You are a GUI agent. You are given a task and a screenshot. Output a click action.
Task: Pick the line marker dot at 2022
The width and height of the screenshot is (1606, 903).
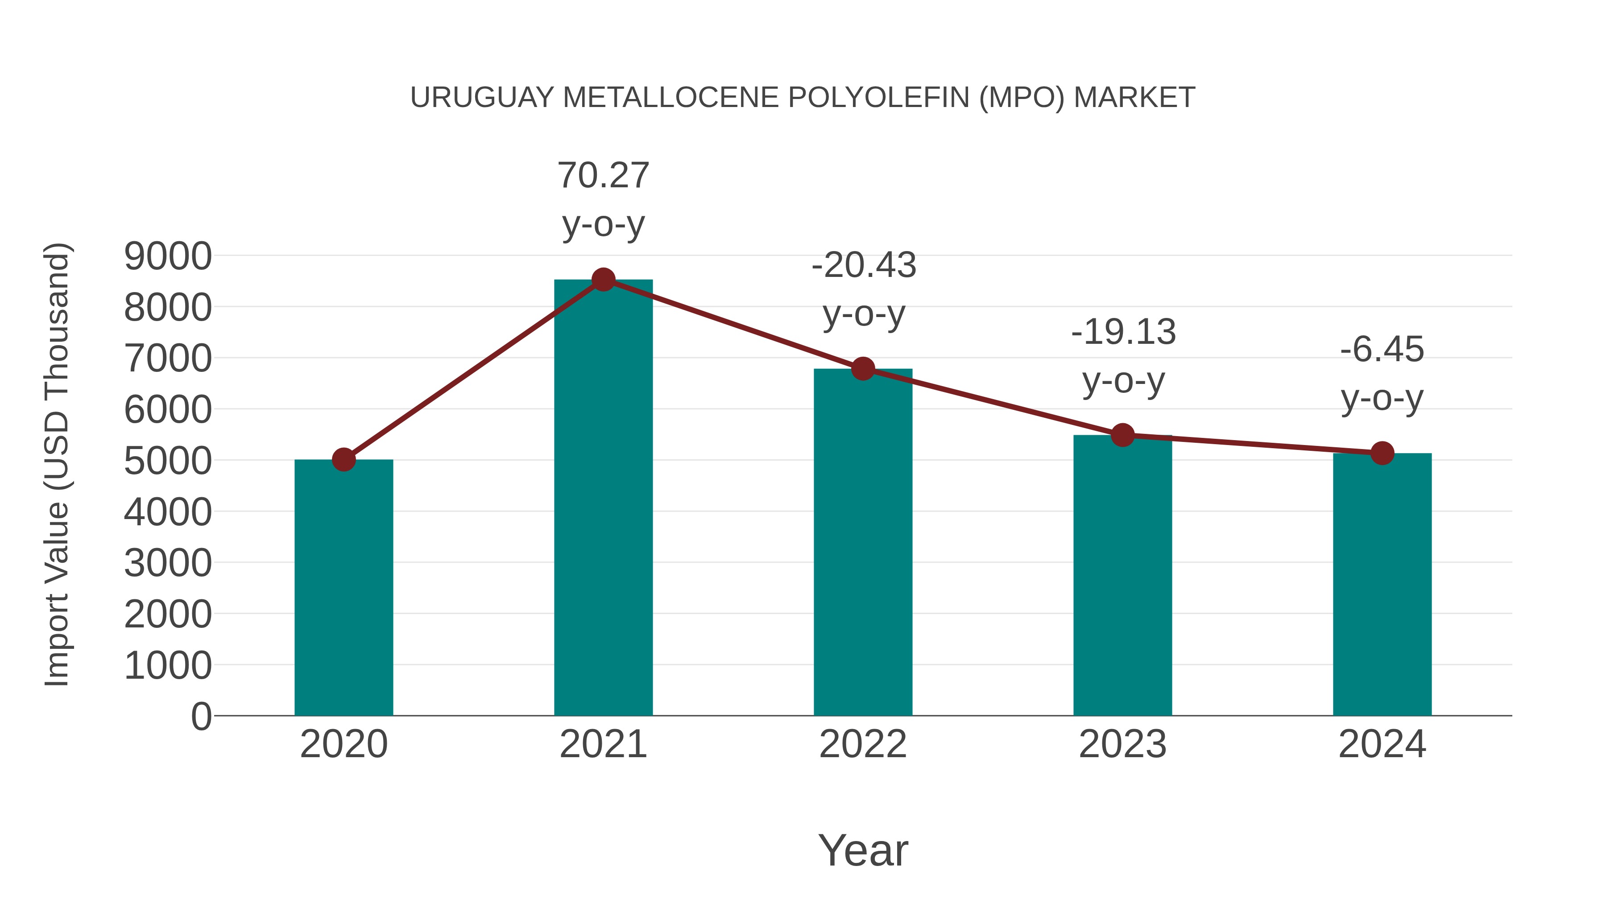pyautogui.click(x=863, y=369)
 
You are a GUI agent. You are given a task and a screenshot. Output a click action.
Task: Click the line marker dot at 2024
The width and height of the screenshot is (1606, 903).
pyautogui.click(x=1382, y=453)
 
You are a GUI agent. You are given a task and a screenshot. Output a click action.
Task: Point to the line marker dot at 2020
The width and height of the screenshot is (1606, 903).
pyautogui.click(x=344, y=460)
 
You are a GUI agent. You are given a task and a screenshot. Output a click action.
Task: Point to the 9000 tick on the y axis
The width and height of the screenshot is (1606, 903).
pyautogui.click(x=168, y=256)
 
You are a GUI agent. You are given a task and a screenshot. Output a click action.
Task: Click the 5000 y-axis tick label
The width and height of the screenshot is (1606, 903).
pyautogui.click(x=168, y=461)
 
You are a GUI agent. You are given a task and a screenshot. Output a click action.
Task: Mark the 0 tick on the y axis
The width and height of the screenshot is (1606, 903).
pyautogui.click(x=201, y=717)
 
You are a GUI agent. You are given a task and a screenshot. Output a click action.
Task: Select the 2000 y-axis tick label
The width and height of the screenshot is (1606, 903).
pyautogui.click(x=168, y=614)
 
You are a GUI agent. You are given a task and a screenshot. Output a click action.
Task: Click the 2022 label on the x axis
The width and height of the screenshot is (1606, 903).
pyautogui.click(x=863, y=744)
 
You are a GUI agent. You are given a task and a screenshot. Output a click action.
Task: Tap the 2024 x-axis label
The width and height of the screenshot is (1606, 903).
pyautogui.click(x=1382, y=744)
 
